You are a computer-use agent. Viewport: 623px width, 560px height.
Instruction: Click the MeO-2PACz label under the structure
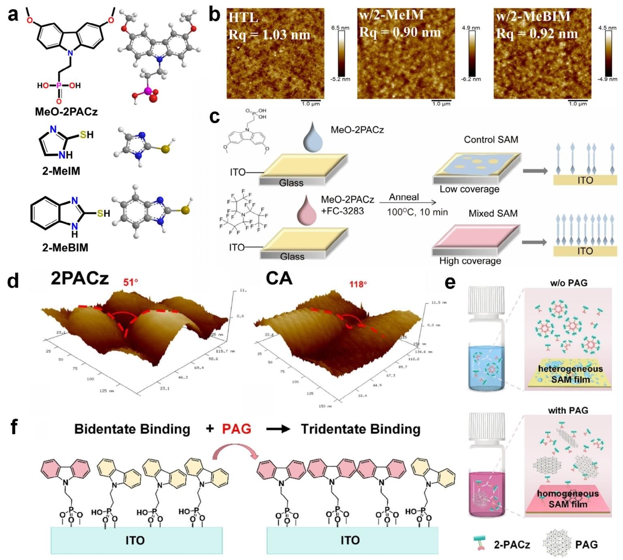point(66,111)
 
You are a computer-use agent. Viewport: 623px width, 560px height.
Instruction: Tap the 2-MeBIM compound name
point(65,247)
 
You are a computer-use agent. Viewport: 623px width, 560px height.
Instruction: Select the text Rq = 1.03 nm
point(269,34)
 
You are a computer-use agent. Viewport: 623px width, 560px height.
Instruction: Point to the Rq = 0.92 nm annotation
point(537,33)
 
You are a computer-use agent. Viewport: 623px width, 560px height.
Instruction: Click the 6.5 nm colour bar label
point(340,28)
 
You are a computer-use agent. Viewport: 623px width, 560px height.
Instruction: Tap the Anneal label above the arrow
point(404,197)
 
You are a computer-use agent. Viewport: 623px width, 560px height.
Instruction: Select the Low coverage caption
point(469,189)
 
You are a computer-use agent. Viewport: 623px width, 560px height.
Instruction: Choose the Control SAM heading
point(491,140)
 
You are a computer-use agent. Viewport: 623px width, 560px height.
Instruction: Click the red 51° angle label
point(130,282)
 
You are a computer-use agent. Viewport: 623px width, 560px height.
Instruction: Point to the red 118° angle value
point(358,284)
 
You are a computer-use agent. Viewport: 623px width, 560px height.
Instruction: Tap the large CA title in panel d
point(279,279)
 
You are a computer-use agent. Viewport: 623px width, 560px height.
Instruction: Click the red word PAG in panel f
point(236,429)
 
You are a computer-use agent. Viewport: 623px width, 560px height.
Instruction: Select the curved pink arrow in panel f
point(236,450)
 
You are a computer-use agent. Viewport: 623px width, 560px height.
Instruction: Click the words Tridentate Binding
point(360,429)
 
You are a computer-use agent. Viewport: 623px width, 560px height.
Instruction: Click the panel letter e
point(450,282)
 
